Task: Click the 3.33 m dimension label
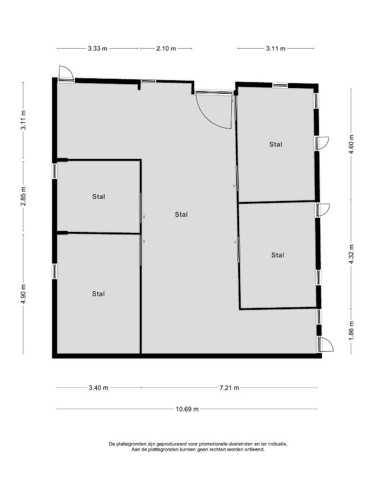(97, 49)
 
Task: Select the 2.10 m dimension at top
(166, 49)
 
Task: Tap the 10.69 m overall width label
(187, 409)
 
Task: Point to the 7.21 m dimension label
(229, 388)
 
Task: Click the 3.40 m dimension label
(98, 388)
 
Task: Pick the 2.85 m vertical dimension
(23, 196)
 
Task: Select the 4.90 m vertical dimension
(23, 294)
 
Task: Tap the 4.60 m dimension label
(352, 144)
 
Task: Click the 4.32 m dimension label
(352, 254)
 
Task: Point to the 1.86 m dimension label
(352, 331)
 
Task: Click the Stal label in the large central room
(181, 214)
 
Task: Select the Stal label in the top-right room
(276, 144)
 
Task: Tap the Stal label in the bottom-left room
(98, 294)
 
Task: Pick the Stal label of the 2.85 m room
(98, 197)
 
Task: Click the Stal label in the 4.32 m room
(278, 255)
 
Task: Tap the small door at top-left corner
(66, 73)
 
